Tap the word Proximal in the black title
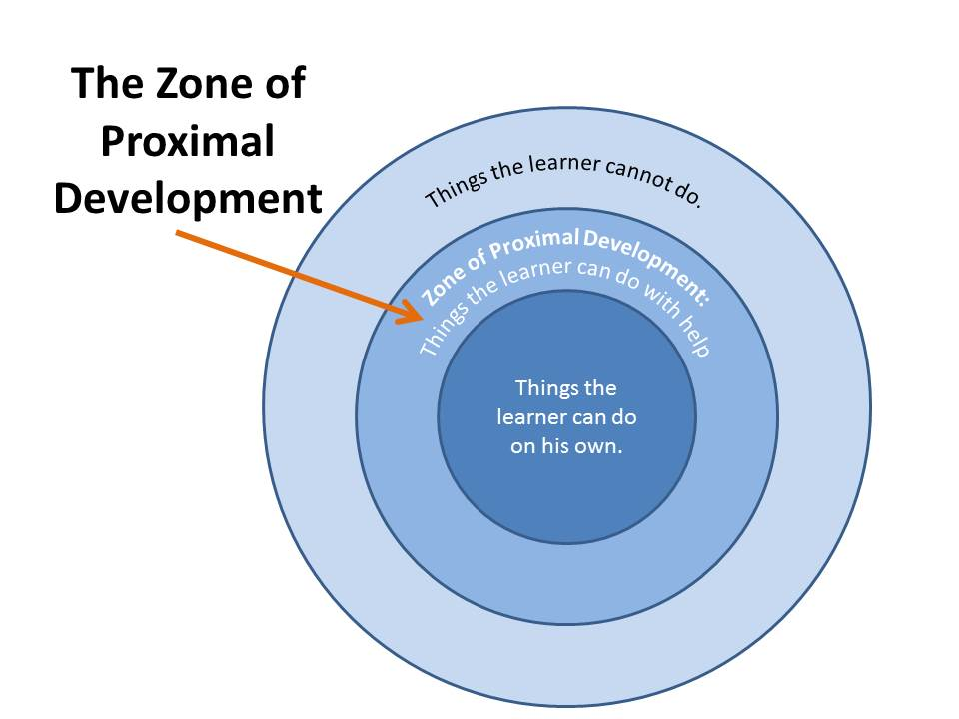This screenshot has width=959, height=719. pos(187,141)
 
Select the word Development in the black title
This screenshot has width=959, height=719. pos(188,199)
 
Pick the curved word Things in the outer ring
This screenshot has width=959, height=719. pos(456,187)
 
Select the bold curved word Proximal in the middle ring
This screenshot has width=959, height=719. pos(533,243)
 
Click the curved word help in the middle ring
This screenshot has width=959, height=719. pos(696,337)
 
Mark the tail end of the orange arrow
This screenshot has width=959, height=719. pos(176,233)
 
